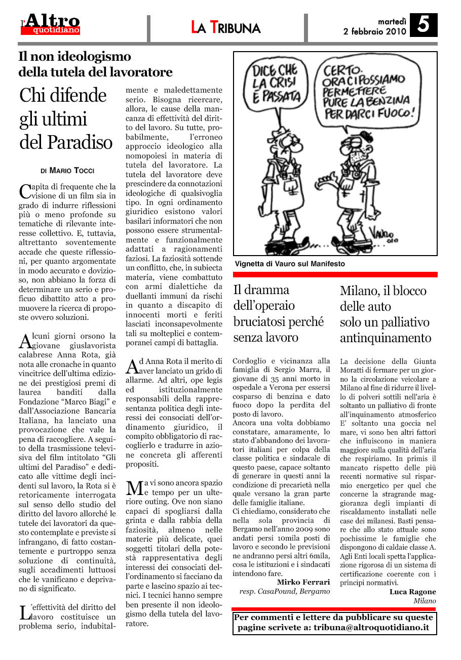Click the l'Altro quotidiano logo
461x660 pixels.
(x=50, y=24)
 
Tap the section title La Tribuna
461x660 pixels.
(x=226, y=28)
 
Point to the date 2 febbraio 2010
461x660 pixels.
(x=374, y=31)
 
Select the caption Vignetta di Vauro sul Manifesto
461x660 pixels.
(x=290, y=264)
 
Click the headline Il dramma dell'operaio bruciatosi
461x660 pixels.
(x=278, y=313)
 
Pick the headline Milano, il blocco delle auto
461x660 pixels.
(x=385, y=314)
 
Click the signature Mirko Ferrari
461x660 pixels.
(x=303, y=582)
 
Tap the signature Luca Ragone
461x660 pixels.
(x=412, y=592)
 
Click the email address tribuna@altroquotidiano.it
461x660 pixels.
(x=371, y=627)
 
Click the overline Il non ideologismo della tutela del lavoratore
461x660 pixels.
(x=95, y=64)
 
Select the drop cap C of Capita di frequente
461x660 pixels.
(x=25, y=190)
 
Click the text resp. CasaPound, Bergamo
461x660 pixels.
(x=284, y=591)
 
